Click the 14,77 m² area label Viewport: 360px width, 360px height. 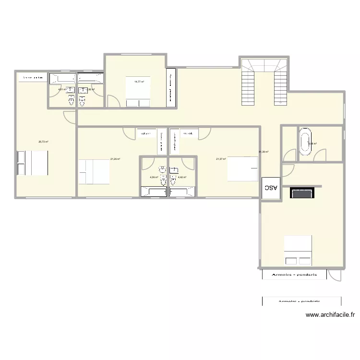click(x=139, y=82)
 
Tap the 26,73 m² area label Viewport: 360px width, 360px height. click(x=43, y=142)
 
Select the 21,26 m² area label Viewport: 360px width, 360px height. click(x=115, y=159)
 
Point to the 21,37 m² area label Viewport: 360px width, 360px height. click(x=221, y=159)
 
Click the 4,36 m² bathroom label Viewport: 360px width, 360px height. click(x=154, y=177)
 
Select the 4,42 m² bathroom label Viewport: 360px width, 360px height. click(x=182, y=177)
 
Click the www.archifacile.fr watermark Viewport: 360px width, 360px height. click(x=330, y=315)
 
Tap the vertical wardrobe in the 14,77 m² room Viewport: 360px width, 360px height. click(x=170, y=86)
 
